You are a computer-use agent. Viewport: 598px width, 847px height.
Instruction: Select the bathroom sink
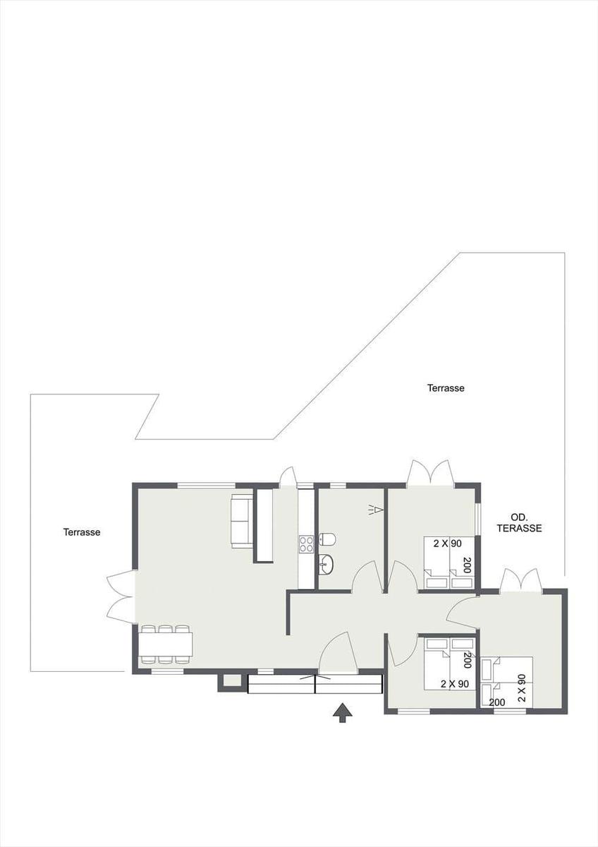[326, 565]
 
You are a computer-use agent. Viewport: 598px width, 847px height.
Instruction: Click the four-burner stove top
[306, 544]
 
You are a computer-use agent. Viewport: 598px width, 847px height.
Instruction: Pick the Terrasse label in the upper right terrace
[446, 388]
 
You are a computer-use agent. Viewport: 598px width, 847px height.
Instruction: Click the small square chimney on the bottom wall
[229, 681]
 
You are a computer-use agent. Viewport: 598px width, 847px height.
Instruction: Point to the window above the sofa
[207, 486]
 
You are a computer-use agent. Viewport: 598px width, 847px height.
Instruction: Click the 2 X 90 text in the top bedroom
[447, 544]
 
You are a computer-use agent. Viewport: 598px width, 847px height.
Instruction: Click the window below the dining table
[167, 671]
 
